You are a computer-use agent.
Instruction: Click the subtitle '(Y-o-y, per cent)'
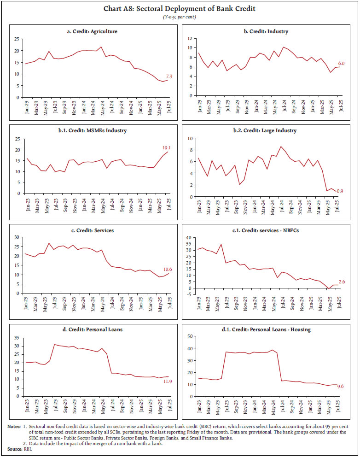tap(180, 17)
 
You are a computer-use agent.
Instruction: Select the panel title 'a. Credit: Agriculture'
tap(91, 31)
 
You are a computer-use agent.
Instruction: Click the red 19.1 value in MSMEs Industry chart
tap(166, 148)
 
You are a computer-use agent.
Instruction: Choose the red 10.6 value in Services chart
tap(167, 270)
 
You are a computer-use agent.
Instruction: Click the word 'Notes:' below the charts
tap(14, 427)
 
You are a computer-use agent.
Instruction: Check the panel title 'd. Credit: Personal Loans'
tap(91, 329)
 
